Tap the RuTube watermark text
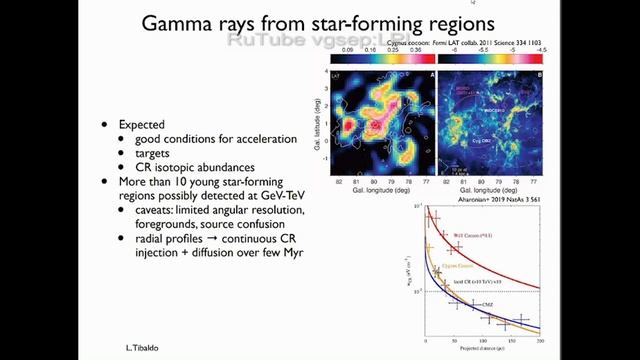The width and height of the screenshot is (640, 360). point(290,41)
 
